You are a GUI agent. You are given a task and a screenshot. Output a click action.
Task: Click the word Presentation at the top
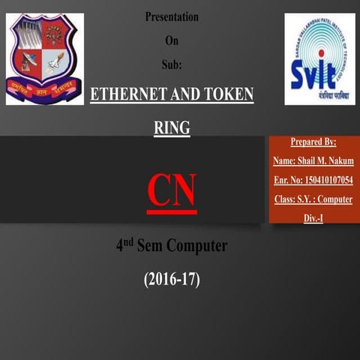(x=172, y=16)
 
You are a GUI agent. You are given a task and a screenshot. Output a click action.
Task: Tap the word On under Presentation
(x=172, y=40)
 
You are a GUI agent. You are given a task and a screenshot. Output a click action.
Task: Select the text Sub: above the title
(x=172, y=64)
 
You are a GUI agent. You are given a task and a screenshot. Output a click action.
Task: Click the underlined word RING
(x=172, y=128)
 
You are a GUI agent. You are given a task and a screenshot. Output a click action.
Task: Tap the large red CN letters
(x=172, y=190)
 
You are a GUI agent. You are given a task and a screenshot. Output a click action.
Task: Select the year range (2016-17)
(x=172, y=280)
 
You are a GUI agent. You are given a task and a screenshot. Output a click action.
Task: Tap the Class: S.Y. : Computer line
(x=313, y=199)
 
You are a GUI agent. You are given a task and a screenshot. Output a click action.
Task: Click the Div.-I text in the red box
(x=313, y=217)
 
